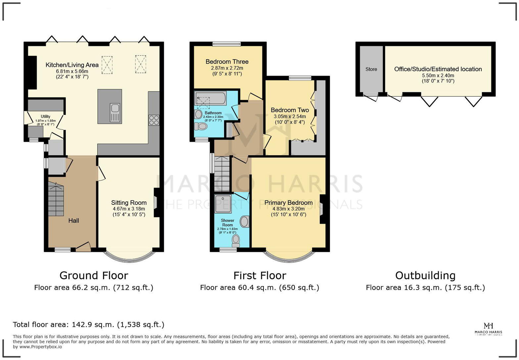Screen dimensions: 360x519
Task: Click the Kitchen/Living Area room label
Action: click(72, 65)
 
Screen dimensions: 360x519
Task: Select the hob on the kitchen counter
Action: click(154, 120)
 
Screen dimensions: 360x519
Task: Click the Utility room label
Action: click(45, 116)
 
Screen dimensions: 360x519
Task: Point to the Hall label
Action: click(73, 220)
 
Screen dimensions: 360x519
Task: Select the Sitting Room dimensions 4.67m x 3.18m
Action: click(129, 209)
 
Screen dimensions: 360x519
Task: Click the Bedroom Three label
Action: click(227, 62)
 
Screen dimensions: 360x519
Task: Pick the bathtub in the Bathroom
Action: click(211, 98)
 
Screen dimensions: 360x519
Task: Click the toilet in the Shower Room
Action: click(236, 240)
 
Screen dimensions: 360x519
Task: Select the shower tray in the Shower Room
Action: click(223, 203)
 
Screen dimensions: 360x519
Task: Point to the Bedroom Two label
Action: click(290, 110)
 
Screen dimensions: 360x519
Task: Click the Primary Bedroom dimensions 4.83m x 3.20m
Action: click(288, 209)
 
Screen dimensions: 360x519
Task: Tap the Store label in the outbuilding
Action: click(371, 69)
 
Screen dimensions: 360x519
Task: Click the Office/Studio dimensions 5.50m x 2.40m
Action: click(438, 75)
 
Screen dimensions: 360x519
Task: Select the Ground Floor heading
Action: click(94, 275)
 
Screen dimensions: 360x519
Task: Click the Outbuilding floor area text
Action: click(425, 288)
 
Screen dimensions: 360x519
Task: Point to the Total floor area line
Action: click(88, 325)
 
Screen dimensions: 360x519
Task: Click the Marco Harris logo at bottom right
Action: click(488, 329)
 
